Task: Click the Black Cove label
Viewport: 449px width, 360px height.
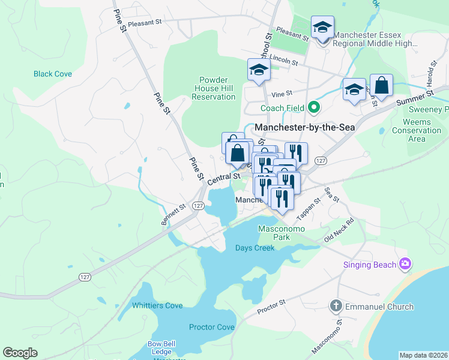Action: click(53, 74)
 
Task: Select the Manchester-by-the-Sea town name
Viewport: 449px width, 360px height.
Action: click(304, 127)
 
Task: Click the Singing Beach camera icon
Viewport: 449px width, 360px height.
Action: click(405, 264)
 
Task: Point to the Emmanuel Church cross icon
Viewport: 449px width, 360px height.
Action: click(336, 307)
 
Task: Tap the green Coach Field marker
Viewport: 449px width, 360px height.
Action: click(313, 108)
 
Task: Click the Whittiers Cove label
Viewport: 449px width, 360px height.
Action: click(157, 305)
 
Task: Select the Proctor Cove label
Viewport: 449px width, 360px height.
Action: click(211, 327)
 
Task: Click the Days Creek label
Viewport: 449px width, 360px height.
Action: click(255, 248)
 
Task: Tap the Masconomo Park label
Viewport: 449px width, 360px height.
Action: click(282, 233)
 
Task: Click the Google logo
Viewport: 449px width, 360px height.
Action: click(20, 353)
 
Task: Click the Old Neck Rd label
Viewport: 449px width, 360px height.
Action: click(339, 230)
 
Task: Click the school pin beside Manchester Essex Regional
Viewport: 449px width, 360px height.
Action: click(322, 28)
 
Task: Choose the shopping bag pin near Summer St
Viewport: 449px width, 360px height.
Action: click(381, 86)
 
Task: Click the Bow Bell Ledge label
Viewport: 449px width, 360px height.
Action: click(161, 347)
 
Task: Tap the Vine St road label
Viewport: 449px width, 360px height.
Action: click(281, 94)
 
